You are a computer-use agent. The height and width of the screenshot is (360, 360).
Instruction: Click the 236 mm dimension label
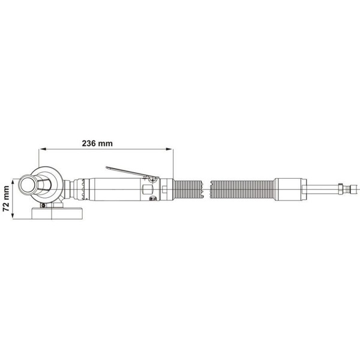[97, 143]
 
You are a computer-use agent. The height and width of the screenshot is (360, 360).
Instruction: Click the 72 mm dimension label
[6, 199]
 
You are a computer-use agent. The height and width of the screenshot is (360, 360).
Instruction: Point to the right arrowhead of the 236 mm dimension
[169, 149]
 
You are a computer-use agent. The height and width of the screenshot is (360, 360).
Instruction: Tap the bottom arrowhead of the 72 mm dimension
[13, 215]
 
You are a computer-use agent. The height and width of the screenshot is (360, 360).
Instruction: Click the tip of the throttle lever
[107, 167]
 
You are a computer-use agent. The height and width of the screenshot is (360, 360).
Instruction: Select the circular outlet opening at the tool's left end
[28, 185]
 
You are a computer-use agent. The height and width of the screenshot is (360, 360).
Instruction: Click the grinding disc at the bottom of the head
[57, 213]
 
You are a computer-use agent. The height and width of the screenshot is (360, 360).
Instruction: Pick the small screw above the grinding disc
[43, 205]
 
